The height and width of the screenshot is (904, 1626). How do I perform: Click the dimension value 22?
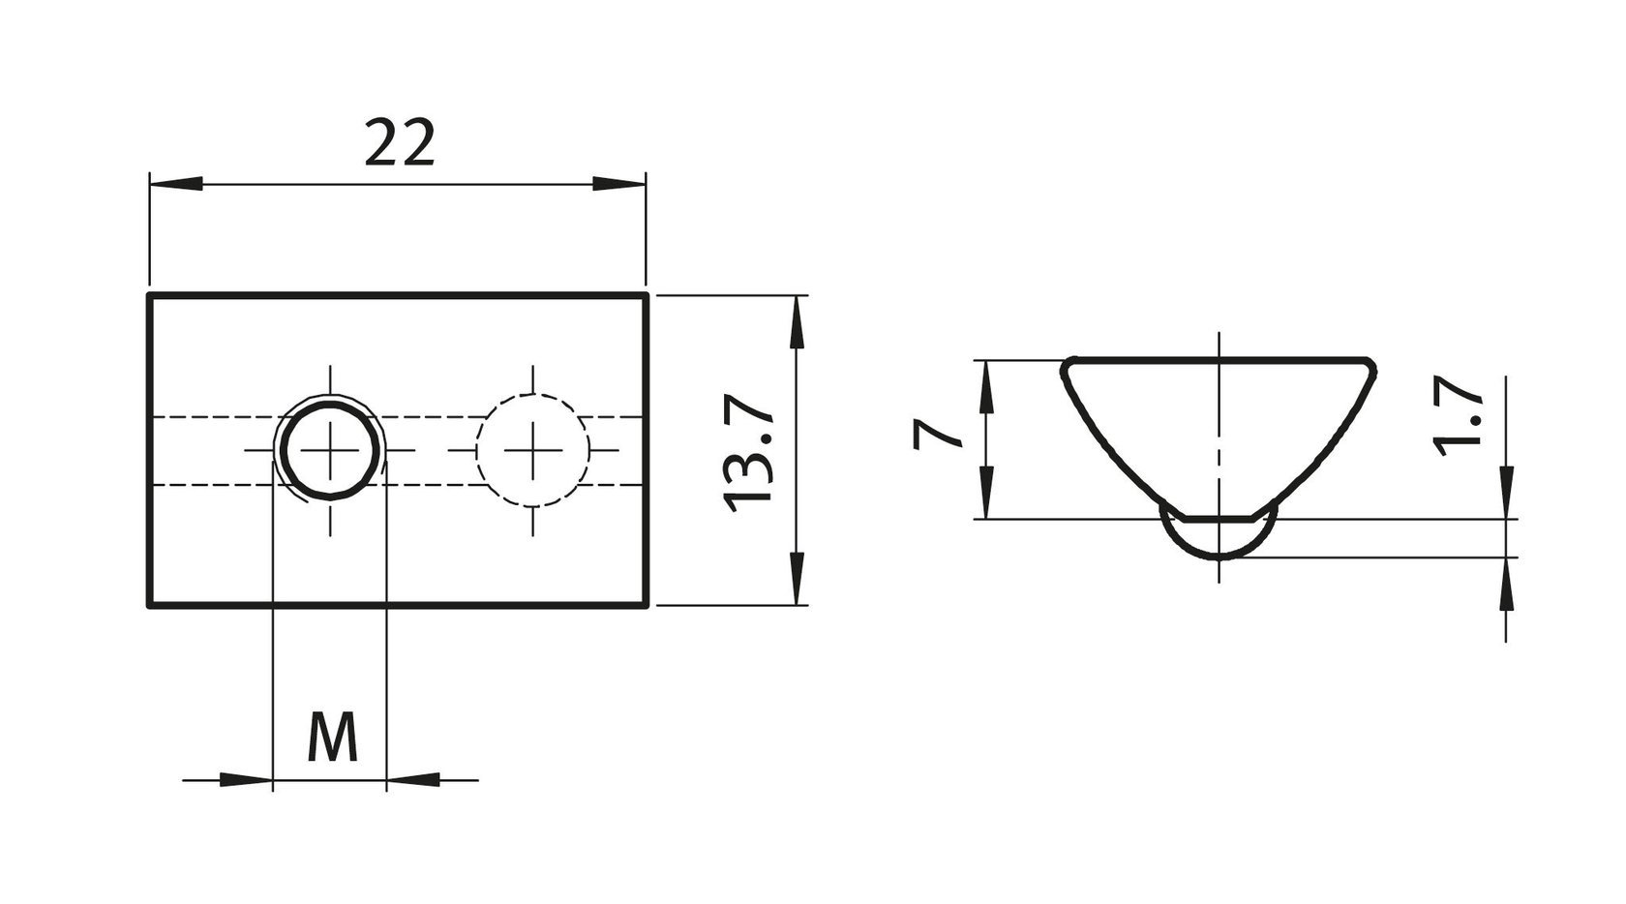(x=399, y=143)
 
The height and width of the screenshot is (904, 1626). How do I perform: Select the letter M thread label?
(x=333, y=737)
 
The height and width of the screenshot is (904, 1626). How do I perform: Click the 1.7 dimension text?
(x=1457, y=415)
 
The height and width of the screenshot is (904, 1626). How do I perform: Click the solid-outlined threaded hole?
(x=330, y=450)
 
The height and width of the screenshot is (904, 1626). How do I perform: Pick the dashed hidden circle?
(x=532, y=450)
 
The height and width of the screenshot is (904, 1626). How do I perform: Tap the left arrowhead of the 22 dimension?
(x=176, y=184)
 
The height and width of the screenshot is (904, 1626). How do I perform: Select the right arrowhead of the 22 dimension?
(x=619, y=184)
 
